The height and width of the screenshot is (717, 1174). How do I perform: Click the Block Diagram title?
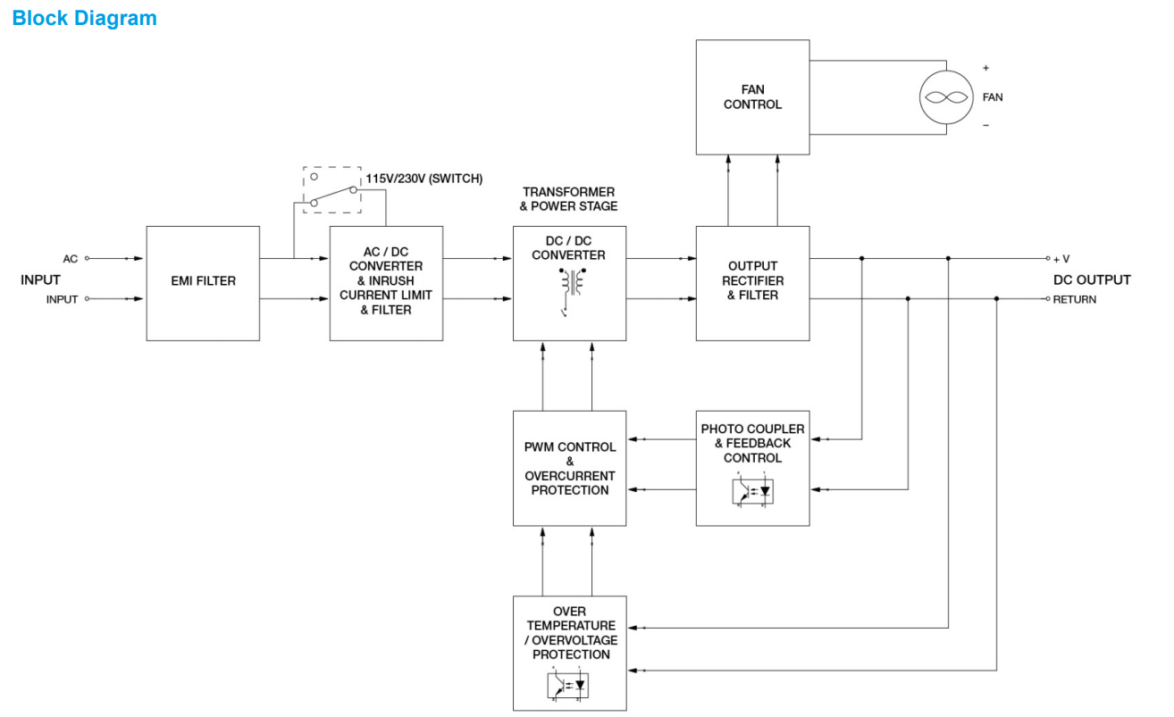(85, 18)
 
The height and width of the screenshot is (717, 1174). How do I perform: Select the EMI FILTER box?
(203, 282)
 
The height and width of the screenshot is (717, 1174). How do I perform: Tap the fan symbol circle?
(946, 97)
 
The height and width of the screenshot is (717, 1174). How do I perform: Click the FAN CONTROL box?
(752, 96)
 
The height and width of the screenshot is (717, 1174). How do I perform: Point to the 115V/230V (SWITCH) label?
(423, 179)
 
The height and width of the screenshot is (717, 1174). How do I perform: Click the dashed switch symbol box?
(331, 188)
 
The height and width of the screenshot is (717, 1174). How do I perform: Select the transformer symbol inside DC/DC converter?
(571, 283)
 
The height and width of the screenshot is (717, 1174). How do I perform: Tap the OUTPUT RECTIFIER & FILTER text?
(752, 280)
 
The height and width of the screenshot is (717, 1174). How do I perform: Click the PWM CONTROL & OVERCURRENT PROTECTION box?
(569, 468)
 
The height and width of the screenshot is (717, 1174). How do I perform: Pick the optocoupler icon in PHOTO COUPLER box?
(753, 490)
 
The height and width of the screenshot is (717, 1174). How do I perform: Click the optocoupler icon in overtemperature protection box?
(569, 685)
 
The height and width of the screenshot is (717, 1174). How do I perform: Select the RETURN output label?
(1074, 299)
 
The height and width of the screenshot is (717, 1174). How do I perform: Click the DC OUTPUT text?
(1091, 279)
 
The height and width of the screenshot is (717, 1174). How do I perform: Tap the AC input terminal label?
(71, 259)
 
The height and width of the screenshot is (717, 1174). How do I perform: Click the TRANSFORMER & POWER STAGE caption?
(569, 199)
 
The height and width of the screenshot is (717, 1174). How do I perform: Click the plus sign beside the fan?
(985, 68)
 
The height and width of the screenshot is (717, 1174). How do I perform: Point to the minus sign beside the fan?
(985, 126)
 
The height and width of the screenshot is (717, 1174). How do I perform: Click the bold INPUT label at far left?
(41, 279)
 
